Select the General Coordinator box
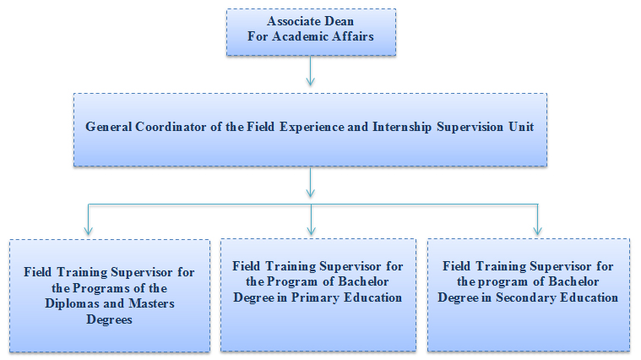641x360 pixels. (310, 128)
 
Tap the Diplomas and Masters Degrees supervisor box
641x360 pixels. (109, 295)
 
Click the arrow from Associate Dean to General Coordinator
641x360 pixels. (311, 71)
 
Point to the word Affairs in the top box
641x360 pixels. (353, 36)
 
